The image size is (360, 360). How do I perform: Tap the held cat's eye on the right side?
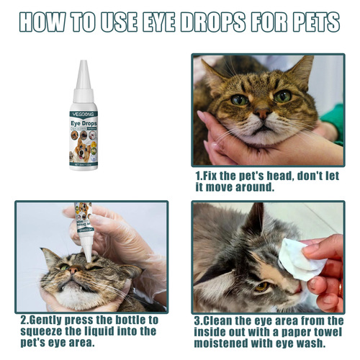click(x=282, y=96)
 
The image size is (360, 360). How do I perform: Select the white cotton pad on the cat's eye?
click(x=301, y=259)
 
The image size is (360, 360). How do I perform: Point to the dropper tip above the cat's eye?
click(x=87, y=254)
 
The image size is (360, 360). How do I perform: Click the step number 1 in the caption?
click(x=198, y=175)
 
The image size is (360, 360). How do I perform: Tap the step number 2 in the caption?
click(x=23, y=319)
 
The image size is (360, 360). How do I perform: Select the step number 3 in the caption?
click(x=198, y=319)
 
